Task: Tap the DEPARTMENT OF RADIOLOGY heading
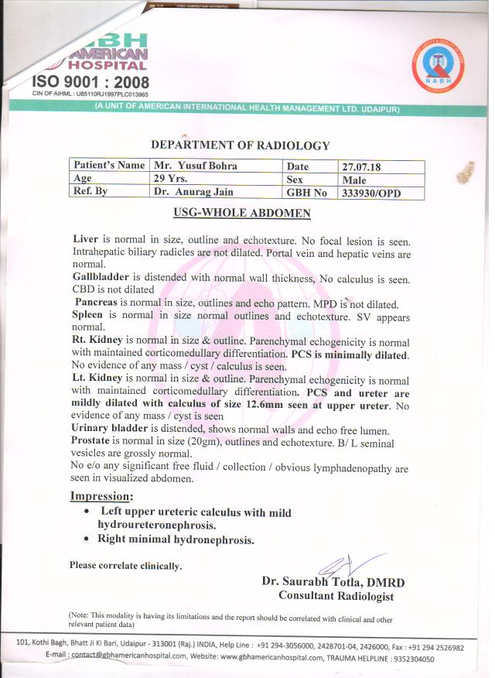pos(240,145)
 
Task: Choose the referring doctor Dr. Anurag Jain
pos(193,192)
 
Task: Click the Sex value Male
pos(353,180)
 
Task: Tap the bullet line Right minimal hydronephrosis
pos(176,539)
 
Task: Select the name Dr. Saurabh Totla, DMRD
pos(333,581)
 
